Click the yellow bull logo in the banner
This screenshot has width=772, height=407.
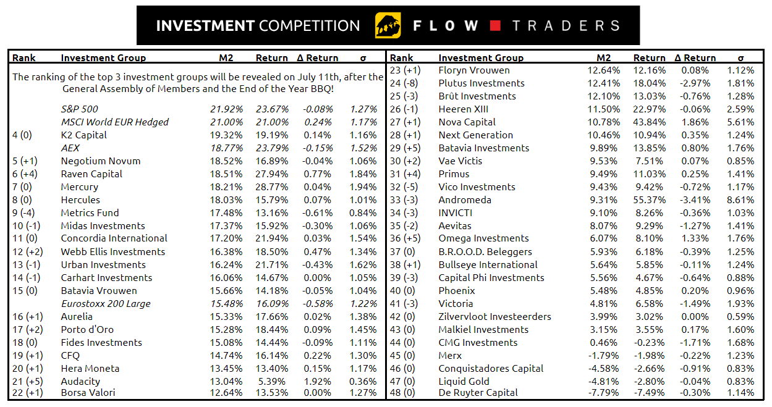coord(388,26)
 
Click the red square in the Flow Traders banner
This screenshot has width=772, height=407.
coord(495,26)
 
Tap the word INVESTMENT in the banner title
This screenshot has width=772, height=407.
coord(205,26)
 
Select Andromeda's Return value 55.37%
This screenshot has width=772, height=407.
coord(649,200)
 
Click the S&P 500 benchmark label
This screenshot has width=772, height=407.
coord(79,109)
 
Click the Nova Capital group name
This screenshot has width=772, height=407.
coord(467,122)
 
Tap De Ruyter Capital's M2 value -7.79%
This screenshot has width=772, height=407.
coord(603,393)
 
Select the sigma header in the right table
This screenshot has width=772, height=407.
coord(740,58)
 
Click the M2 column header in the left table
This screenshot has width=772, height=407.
coord(226,58)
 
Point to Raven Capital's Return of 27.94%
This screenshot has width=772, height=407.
coord(272,174)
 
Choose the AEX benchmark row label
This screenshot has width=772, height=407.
coord(70,148)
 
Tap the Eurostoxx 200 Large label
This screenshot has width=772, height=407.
coord(106,304)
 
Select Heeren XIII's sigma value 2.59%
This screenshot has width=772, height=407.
coord(740,109)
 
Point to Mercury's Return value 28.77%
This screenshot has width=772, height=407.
coord(272,187)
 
